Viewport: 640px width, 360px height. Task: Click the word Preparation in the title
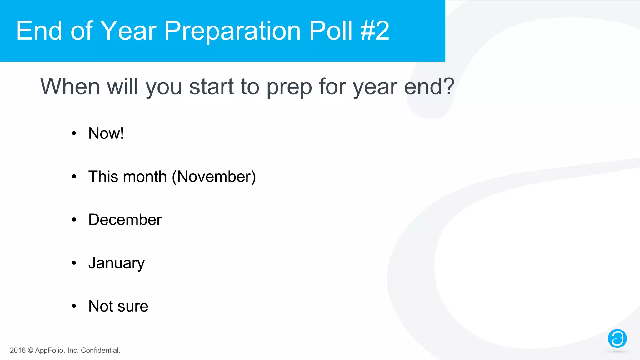(232, 31)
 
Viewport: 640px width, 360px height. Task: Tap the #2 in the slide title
(375, 31)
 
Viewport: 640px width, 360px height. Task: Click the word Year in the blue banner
(128, 31)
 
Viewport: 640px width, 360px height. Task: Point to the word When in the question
(70, 86)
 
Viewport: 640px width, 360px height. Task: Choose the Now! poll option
(106, 133)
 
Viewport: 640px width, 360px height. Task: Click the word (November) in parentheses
(214, 177)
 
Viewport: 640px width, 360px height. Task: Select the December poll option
(125, 220)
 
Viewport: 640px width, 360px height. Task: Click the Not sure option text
(118, 306)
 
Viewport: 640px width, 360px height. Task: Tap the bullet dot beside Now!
(74, 134)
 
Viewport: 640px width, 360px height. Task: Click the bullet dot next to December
(74, 220)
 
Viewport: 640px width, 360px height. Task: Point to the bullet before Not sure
(74, 306)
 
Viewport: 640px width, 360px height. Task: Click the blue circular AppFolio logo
(617, 338)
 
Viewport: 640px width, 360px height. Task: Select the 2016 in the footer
(17, 350)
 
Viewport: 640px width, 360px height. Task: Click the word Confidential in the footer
(100, 350)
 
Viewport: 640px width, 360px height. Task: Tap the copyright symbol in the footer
(30, 350)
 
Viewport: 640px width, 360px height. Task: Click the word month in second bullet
(145, 177)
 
